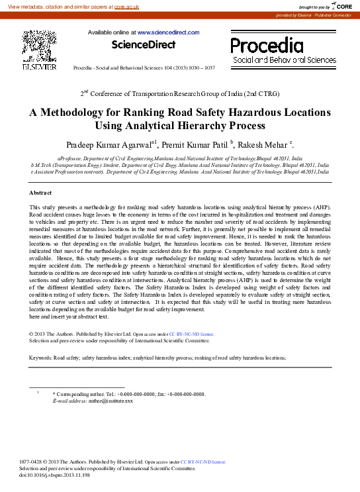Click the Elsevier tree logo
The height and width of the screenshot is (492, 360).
[x=39, y=47]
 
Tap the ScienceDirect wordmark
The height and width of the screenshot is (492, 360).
[x=144, y=45]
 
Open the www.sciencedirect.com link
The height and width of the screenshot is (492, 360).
[x=168, y=32]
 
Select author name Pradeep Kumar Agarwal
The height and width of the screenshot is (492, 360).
[x=109, y=144]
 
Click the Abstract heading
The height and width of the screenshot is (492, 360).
[x=40, y=192]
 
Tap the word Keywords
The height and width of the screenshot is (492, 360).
[x=41, y=358]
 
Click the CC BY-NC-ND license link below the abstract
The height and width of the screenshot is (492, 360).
[x=192, y=334]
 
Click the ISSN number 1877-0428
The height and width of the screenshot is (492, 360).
[x=31, y=462]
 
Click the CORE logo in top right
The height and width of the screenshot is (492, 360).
[x=343, y=6]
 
